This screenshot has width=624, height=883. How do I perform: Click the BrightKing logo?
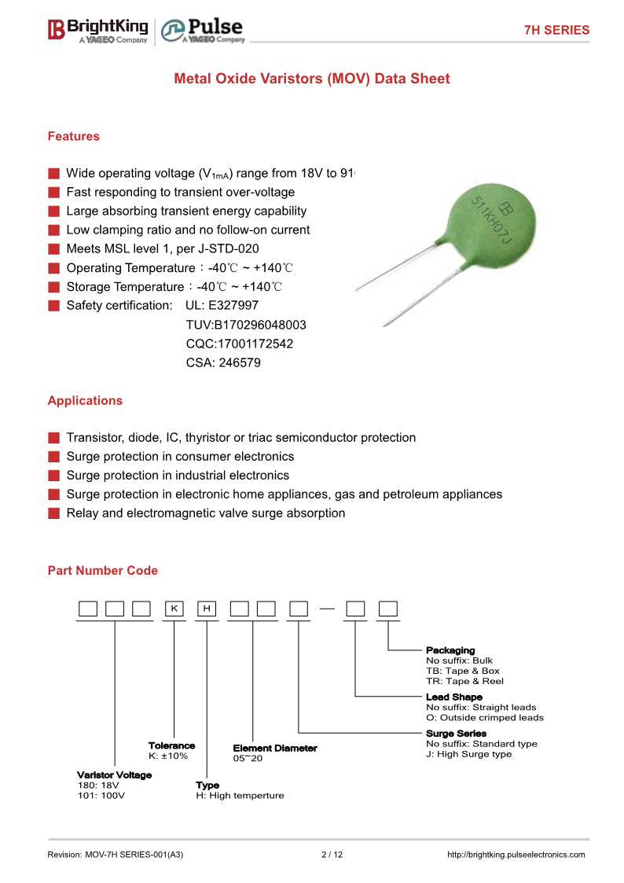[x=97, y=30]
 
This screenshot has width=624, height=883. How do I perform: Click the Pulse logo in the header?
[x=203, y=31]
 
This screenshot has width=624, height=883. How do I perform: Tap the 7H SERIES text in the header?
[x=556, y=30]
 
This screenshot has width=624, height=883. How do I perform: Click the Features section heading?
[x=74, y=136]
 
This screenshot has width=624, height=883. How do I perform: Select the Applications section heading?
[x=85, y=400]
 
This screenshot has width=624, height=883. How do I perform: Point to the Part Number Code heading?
[x=102, y=570]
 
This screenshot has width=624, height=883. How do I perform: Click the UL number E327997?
[x=233, y=305]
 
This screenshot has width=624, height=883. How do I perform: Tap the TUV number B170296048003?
[x=246, y=325]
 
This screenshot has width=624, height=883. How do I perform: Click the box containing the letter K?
[x=174, y=609]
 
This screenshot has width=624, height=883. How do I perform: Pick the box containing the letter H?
[x=207, y=609]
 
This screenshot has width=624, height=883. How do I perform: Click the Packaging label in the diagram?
[x=450, y=650]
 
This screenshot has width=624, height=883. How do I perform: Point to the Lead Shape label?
[x=454, y=697]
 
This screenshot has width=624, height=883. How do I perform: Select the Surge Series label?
[x=456, y=733]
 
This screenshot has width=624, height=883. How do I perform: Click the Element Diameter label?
[x=275, y=748]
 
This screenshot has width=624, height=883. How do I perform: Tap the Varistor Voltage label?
[x=114, y=774]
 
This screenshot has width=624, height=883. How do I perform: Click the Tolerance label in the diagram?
[x=171, y=745]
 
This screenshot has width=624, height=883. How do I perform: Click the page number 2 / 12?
[x=332, y=855]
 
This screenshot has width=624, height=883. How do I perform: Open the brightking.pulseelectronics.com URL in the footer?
[x=516, y=855]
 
